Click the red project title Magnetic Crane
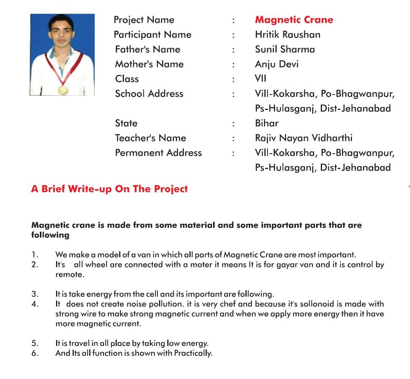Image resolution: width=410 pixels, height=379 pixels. pos(294,20)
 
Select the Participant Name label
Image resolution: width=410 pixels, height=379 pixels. pos(152,35)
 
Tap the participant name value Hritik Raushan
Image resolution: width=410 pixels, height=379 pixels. pos(288,35)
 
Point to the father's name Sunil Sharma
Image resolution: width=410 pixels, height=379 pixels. pos(285,49)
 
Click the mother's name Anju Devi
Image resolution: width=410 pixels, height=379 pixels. pos(277,64)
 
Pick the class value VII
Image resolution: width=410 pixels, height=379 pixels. pos(261,79)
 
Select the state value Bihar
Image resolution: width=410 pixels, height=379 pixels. pos(267,123)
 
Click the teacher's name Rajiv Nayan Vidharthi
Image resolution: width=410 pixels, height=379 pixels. pos(304,138)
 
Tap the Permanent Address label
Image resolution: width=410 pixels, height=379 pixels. pos(158,153)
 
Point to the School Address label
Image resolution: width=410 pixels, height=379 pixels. pos(149,94)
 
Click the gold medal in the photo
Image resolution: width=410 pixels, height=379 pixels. pos(63,90)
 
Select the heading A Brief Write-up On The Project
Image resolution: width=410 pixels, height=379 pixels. pos(109,189)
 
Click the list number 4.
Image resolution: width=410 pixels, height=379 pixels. pos(34,304)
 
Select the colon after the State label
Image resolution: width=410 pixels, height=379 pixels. pos(234,124)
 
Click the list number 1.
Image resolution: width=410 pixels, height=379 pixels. pos(34,255)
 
